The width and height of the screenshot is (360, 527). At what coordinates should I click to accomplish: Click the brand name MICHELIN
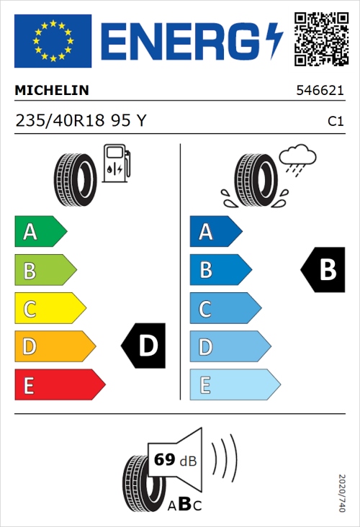[52, 91]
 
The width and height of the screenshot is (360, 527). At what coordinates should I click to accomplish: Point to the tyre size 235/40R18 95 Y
[81, 121]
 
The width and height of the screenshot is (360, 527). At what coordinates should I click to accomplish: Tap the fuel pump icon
[116, 163]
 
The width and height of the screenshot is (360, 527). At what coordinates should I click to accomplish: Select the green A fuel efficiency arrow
[40, 232]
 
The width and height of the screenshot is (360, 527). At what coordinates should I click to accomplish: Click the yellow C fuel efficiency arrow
[50, 309]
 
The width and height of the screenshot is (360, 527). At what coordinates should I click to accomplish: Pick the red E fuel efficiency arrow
[59, 385]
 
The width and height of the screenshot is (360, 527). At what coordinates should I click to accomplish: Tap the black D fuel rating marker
[144, 347]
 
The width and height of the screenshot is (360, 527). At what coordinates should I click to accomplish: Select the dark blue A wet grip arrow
[215, 232]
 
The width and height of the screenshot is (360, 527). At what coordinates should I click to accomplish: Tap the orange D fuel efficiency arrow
[54, 347]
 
